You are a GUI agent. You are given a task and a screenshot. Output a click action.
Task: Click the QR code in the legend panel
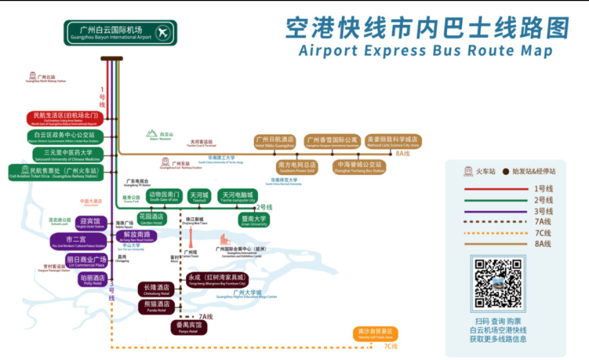(498, 284)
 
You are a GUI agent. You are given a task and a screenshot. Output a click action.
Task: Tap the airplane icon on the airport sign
(163, 33)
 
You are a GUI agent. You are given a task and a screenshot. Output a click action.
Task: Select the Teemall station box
(199, 197)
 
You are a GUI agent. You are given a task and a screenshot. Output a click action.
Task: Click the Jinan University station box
(254, 220)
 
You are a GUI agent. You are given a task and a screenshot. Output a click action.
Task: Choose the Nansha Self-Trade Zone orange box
(375, 333)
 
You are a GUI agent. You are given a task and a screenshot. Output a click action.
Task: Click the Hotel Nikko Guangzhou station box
(274, 142)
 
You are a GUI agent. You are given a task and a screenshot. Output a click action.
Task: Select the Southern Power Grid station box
(297, 167)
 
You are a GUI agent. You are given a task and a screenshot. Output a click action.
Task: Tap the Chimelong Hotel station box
(156, 290)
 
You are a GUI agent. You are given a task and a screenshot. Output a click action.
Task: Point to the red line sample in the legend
(496, 189)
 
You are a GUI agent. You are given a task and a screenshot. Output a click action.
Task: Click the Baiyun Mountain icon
(152, 134)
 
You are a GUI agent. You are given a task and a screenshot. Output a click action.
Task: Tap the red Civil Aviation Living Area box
(65, 118)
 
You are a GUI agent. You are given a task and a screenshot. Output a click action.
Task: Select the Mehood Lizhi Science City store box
(393, 142)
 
